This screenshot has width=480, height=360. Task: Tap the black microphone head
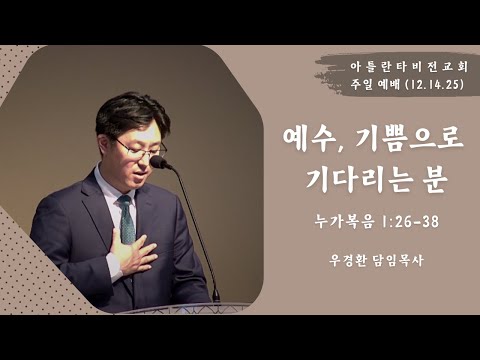159,162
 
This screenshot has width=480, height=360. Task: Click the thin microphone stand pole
200,240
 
